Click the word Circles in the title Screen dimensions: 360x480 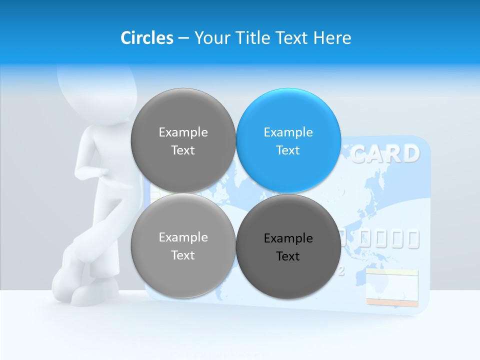(146, 38)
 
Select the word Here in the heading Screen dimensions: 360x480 (332, 38)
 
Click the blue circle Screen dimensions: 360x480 (288, 140)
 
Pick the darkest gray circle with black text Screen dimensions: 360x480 (288, 246)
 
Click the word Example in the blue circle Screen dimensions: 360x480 (288, 132)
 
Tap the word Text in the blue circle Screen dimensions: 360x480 (288, 150)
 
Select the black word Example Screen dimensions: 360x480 (288, 238)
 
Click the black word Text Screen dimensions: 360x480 (288, 256)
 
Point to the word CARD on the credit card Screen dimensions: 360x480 (384, 154)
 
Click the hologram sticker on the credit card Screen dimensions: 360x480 (391, 287)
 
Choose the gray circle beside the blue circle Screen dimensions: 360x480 (183, 140)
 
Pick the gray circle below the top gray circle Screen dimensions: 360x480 (183, 245)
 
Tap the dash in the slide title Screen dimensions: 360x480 (183, 38)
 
